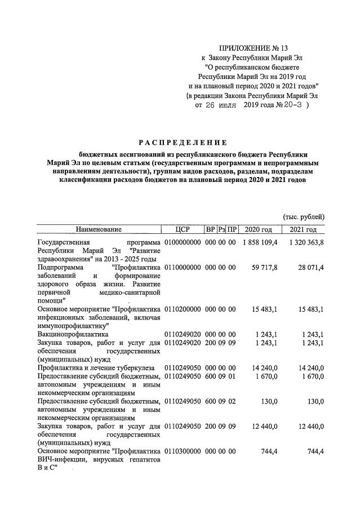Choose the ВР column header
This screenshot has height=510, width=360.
tap(210, 229)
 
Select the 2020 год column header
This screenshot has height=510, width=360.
tap(260, 229)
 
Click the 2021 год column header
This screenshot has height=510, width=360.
tap(303, 229)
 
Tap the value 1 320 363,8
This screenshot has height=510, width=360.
tap(303, 242)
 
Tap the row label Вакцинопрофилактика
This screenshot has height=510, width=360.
tap(72, 334)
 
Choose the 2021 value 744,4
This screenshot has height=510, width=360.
tap(313, 451)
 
